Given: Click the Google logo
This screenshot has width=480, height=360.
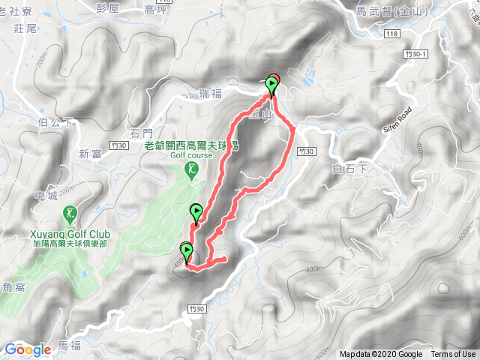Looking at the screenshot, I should coord(28,349).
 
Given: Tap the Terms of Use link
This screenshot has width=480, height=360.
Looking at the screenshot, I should coord(453,355).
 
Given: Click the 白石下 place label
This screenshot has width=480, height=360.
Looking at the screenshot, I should coord(349,169).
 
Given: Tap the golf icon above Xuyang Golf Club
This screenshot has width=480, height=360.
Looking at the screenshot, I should coord(70,214).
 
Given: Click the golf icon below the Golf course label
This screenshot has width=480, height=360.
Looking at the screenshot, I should coord(192,172).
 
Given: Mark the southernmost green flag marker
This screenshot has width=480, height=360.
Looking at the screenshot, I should coord(185,252).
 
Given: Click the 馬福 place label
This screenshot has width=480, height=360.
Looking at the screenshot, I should coord(68,346).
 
